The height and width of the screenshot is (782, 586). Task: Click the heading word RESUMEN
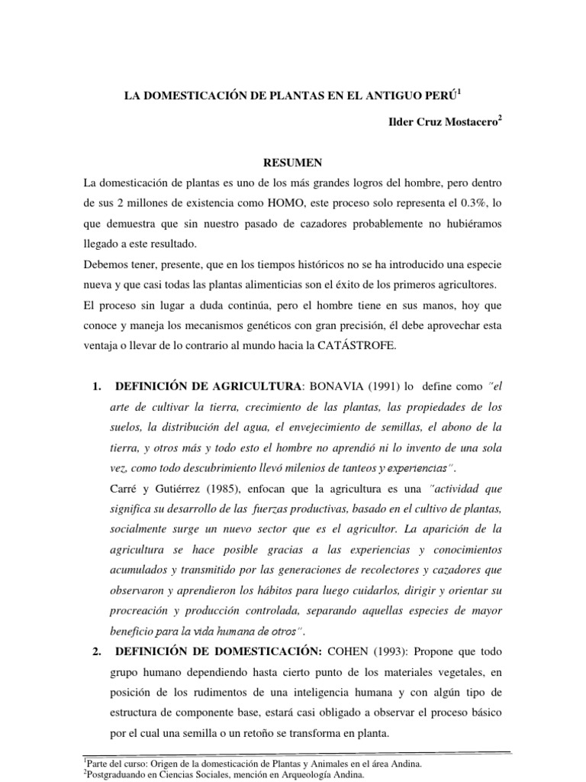(x=292, y=163)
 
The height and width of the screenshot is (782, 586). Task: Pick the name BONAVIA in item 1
(x=334, y=386)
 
